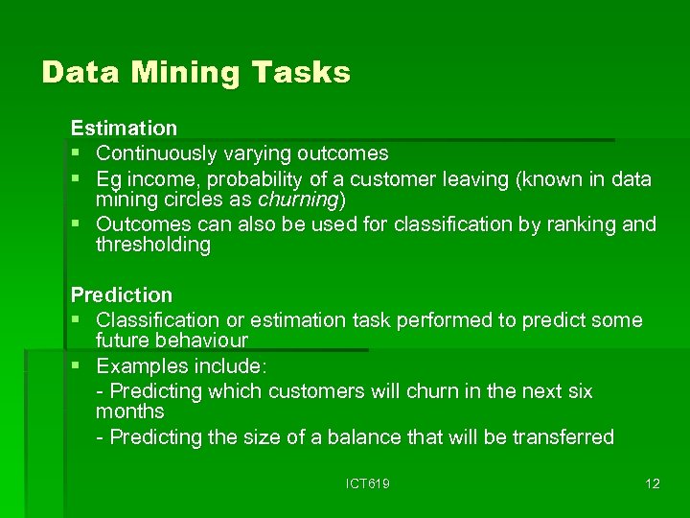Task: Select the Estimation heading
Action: tap(124, 128)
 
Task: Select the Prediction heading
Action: tap(122, 294)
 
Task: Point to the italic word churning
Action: tap(298, 200)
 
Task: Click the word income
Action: tap(156, 179)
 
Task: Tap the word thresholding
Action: tap(152, 245)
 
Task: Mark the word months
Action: tap(130, 412)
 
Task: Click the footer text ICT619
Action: tap(368, 483)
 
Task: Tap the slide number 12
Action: tap(652, 483)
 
